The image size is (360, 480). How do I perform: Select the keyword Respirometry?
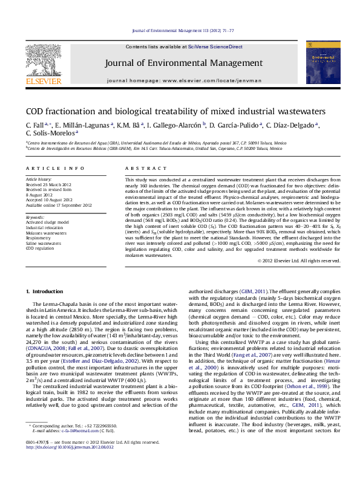tap(39, 239)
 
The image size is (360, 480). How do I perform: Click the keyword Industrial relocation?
tap(44, 228)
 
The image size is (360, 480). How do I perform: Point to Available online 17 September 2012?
tap(58, 205)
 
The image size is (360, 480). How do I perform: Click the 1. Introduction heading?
tap(42, 291)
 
